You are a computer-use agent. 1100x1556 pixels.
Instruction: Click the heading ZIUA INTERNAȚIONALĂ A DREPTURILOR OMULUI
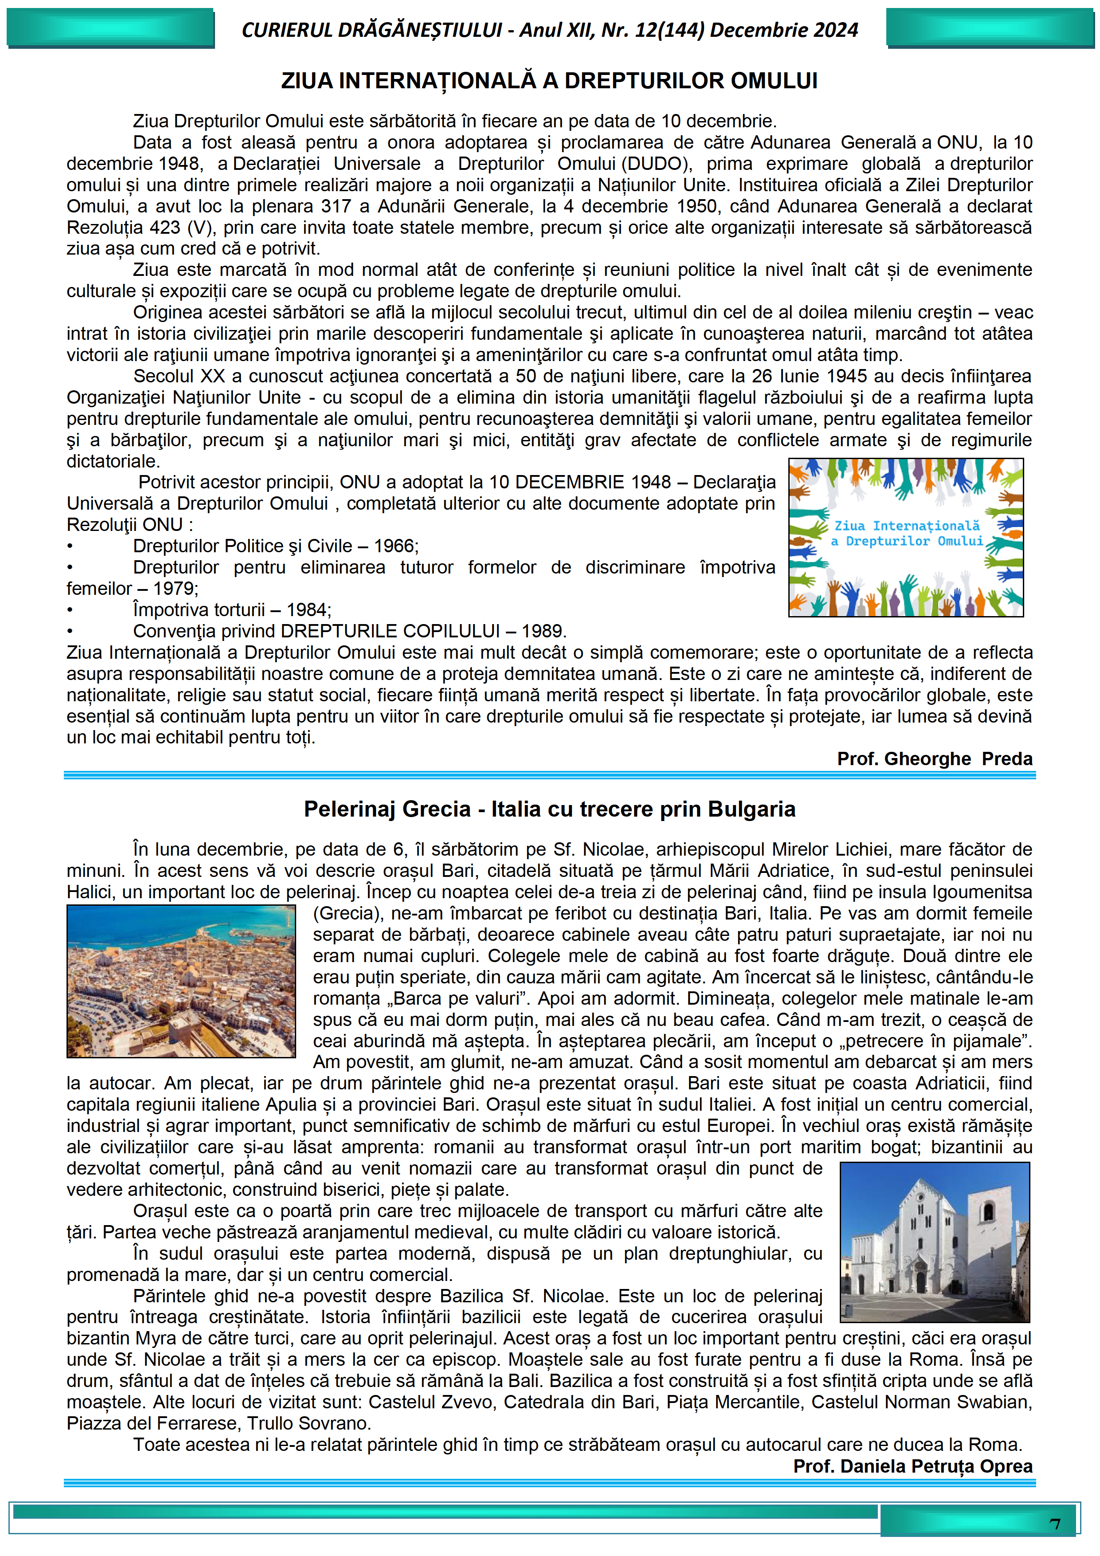549,81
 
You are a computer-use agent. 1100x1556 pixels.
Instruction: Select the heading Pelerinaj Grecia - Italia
549,809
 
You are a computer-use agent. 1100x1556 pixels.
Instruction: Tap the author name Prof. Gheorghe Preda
935,759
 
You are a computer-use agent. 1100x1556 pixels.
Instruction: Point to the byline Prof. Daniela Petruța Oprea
912,1466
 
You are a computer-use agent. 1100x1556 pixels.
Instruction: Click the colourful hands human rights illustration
906,538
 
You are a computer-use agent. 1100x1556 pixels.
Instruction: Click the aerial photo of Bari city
181,981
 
